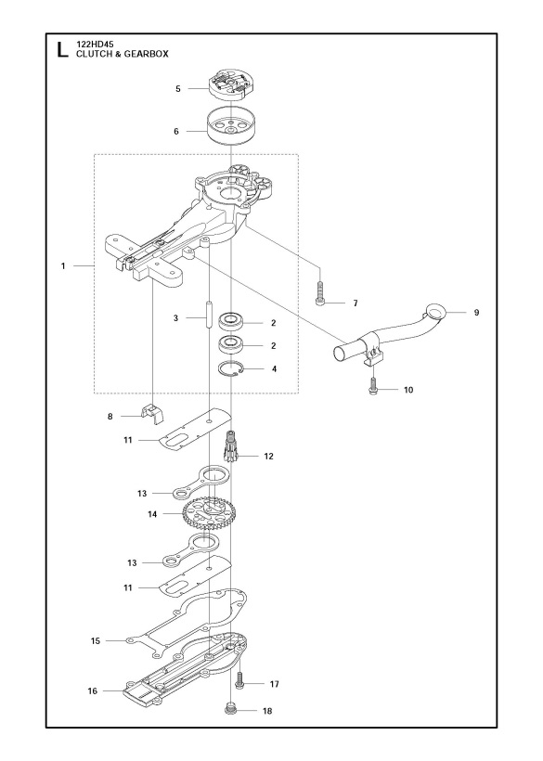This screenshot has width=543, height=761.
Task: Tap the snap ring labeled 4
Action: coord(231,369)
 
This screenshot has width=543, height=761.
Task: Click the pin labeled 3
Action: coord(209,316)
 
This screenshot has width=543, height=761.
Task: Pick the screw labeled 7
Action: coord(320,293)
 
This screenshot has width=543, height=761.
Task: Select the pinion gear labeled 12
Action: coord(231,445)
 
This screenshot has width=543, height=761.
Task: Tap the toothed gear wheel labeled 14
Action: coord(206,513)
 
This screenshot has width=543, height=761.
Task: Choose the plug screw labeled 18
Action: coord(231,710)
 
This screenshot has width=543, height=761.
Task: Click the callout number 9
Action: coord(476,313)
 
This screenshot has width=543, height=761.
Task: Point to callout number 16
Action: coord(93,690)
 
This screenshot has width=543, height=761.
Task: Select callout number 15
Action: coord(96,640)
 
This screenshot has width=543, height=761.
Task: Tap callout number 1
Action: coord(63,266)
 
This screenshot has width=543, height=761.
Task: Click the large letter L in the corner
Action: coord(62,49)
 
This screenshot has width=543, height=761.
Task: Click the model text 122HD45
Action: coord(95,45)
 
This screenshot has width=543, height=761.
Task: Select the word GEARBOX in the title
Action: coord(148,54)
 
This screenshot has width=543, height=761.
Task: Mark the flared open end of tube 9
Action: coord(436,310)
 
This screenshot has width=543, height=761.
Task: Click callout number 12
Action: coord(268,457)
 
